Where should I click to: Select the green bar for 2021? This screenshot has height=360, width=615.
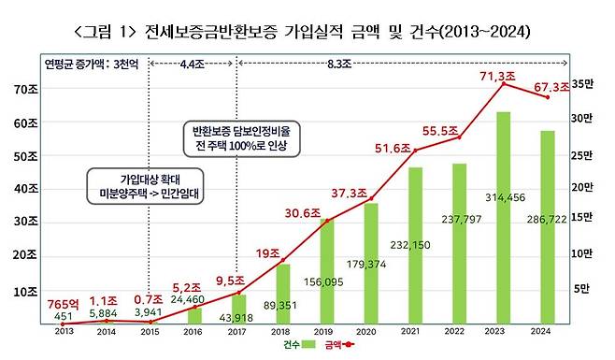point(415,245)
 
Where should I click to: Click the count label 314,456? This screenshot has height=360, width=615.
point(503,197)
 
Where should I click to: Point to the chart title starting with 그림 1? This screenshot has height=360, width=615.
point(307,31)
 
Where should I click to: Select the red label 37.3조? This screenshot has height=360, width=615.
point(374,194)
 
